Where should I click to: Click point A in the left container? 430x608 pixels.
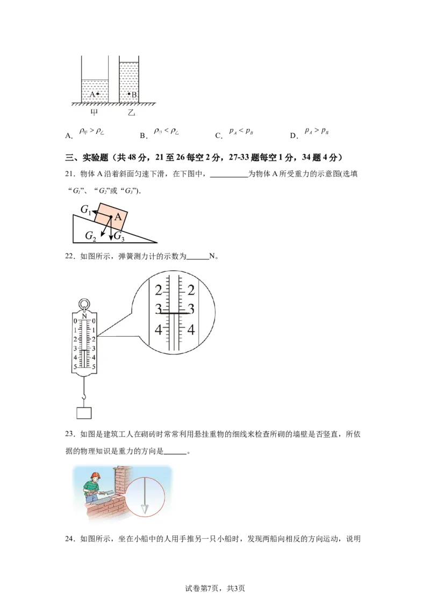(97, 94)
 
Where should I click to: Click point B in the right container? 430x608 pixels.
(129, 94)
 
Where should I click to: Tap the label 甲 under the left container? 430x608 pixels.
(94, 113)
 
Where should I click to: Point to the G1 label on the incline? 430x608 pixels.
(85, 209)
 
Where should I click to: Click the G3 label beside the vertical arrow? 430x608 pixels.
(119, 235)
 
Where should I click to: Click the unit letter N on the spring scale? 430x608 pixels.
(84, 315)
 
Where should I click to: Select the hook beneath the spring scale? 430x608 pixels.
(84, 397)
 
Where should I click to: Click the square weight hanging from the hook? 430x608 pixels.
(84, 413)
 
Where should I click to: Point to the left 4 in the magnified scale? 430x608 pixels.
(159, 329)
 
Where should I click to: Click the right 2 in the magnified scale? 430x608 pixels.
(190, 291)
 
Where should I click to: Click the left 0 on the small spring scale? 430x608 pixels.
(75, 321)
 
